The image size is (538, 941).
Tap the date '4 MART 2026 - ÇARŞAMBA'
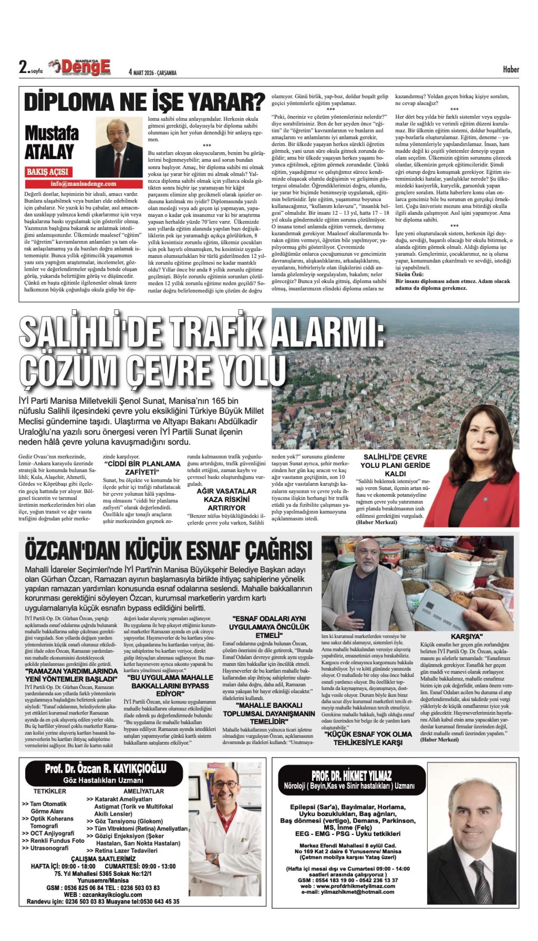coord(152,72)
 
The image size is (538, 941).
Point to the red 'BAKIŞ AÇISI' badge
coord(48,172)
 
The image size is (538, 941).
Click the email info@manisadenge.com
coord(84,184)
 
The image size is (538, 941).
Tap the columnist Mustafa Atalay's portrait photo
coord(119,147)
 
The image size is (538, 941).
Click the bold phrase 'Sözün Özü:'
coord(409,275)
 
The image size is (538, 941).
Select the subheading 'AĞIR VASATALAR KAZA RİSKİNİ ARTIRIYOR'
coord(227,499)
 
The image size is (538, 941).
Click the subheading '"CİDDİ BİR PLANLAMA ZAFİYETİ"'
coord(142,468)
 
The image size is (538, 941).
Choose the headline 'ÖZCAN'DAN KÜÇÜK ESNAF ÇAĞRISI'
coord(168,551)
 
